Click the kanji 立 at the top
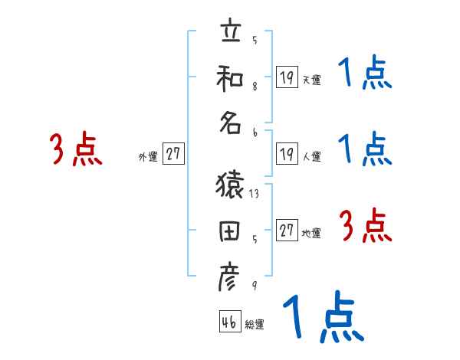[229, 34]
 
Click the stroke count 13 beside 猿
[254, 195]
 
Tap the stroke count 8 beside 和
[254, 87]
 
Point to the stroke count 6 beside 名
[254, 133]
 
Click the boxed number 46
[228, 322]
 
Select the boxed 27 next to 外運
[173, 154]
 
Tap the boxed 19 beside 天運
[286, 76]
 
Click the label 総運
[255, 325]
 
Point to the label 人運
[311, 156]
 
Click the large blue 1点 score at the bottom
[323, 317]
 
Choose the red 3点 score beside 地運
[365, 226]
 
